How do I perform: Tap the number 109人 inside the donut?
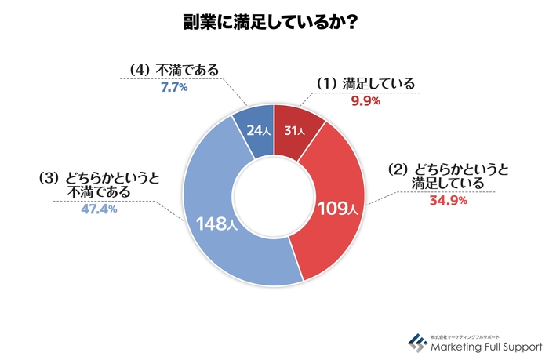336,209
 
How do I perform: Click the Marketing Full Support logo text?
485,344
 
